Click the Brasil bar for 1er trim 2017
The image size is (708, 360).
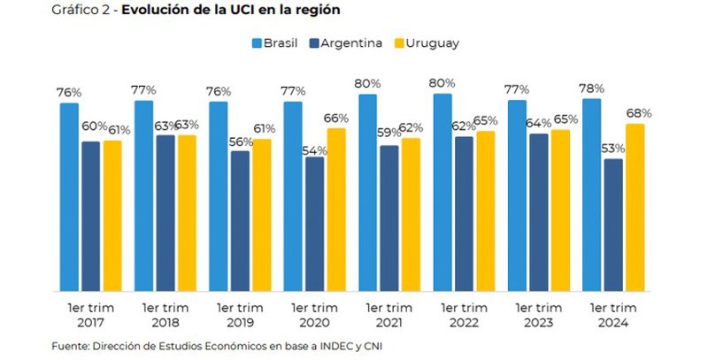pos(69,196)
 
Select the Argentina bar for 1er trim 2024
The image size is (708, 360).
pos(613,225)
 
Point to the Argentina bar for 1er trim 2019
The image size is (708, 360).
pos(240,220)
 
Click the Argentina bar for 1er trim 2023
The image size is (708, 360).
pos(538,212)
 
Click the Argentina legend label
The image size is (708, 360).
pos(352,42)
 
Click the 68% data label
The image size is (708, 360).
pos(639,113)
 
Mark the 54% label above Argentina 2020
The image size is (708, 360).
pos(314,150)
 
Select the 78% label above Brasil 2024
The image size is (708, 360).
pos(592,88)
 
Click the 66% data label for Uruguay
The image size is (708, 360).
pos(337,119)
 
